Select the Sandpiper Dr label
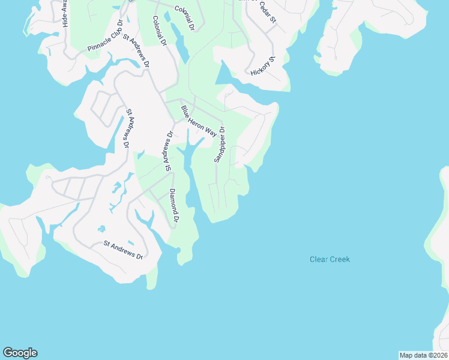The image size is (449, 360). point(219,144)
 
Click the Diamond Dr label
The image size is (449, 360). point(173,206)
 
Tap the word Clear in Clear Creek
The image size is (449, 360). point(318,259)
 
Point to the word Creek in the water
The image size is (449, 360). point(339,259)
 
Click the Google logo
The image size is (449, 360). point(20,353)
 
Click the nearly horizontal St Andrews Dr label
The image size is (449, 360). point(123,250)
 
